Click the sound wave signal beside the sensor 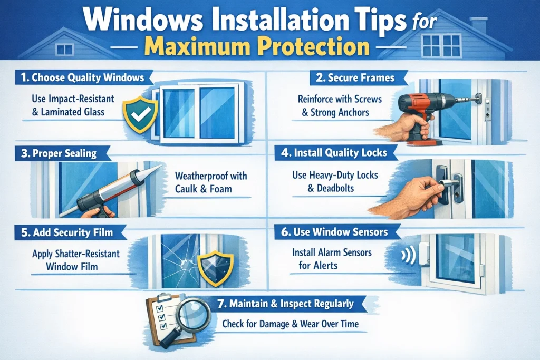coord(406,256)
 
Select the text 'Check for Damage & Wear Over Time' coord(290,324)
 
